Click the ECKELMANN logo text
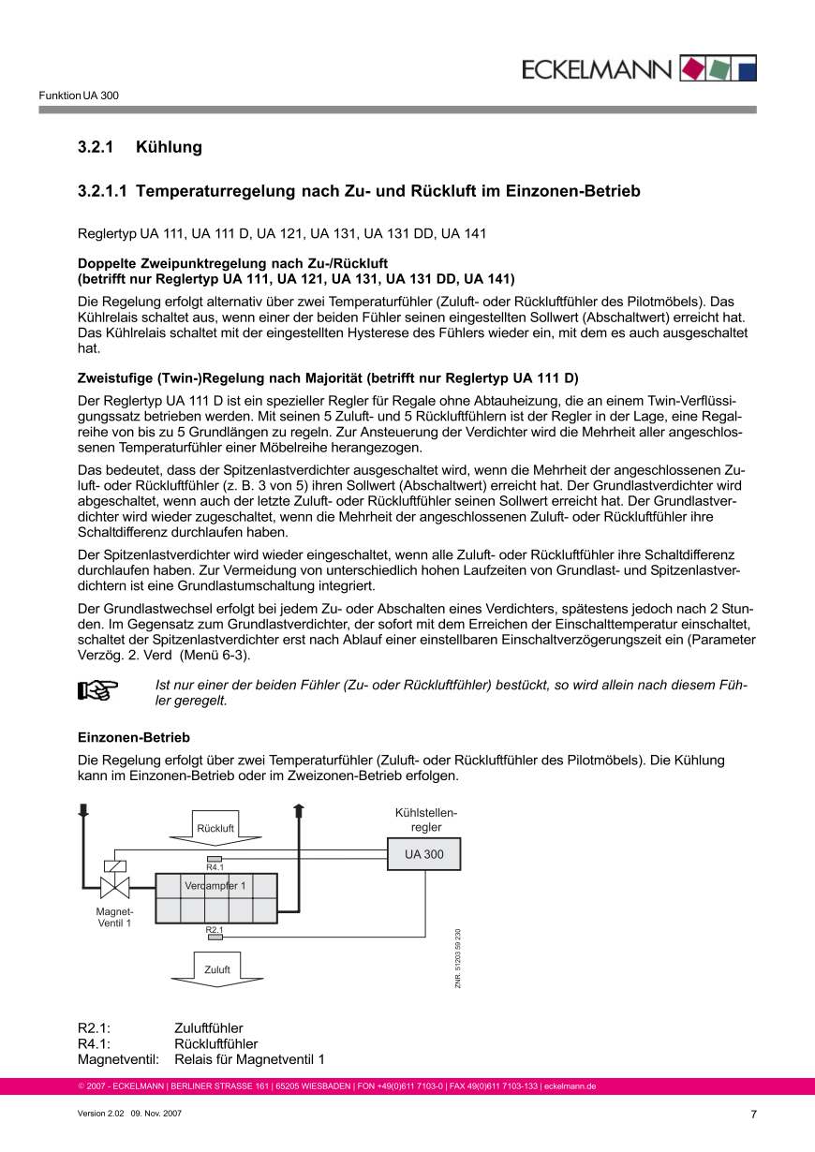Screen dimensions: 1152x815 (597, 69)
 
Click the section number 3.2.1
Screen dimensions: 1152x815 (95, 147)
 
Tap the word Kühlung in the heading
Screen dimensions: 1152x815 (169, 147)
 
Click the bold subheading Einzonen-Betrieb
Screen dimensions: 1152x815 (134, 738)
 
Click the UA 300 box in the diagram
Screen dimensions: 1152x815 (423, 854)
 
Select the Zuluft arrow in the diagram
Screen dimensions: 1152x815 (216, 969)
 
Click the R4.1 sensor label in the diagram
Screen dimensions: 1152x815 (215, 867)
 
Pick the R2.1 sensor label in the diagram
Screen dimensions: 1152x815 (215, 930)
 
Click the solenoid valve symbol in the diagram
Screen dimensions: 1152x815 (114, 886)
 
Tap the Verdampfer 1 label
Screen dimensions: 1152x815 (215, 885)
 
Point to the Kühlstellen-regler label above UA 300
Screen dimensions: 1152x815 (425, 820)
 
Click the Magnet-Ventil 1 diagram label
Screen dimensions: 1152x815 (114, 917)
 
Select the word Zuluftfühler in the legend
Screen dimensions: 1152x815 (208, 1028)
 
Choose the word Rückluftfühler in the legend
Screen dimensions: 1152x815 (215, 1043)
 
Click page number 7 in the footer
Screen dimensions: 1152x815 (753, 1115)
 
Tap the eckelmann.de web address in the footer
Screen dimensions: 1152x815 (570, 1086)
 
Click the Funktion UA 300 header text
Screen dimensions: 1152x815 (79, 96)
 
